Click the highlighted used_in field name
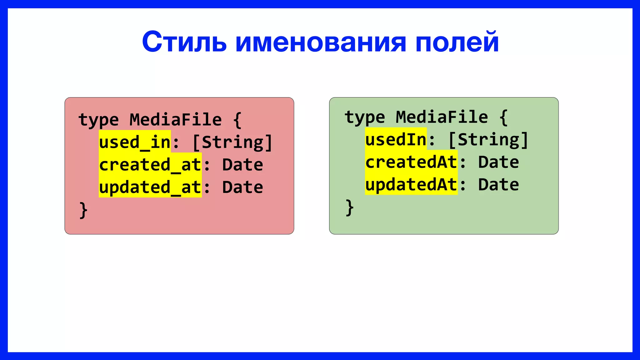pos(135,142)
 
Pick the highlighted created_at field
pos(150,164)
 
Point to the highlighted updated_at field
pos(150,187)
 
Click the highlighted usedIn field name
pos(396,139)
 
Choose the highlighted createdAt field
pos(411,162)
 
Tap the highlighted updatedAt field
pos(411,184)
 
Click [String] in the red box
pos(232,142)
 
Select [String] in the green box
pos(488,139)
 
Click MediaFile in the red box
pos(176,119)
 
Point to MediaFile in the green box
pos(442,117)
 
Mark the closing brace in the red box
pos(83,210)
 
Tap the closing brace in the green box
pos(349,207)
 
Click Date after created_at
pos(242,165)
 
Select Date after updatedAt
pos(498,184)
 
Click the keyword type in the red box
pos(98,120)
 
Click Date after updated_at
pos(242,187)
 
